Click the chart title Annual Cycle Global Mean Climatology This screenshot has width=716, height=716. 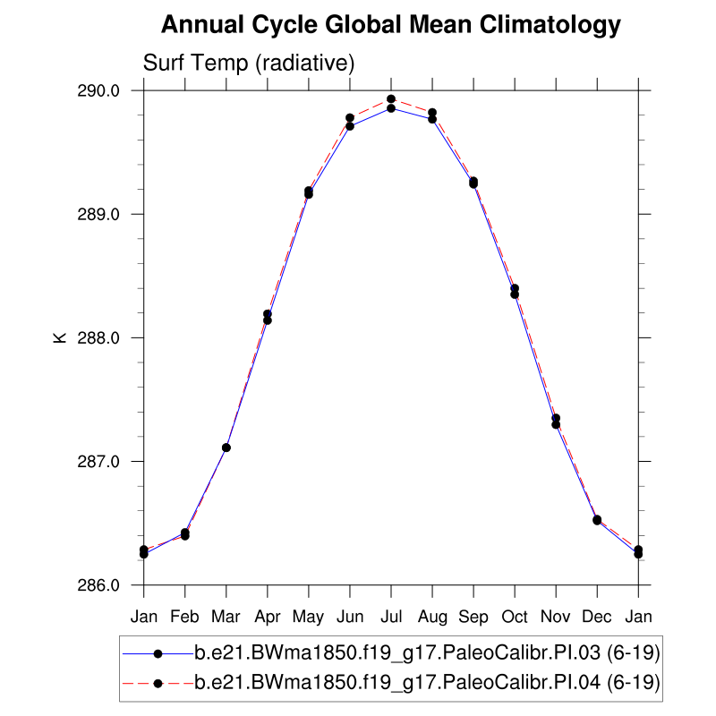(x=390, y=25)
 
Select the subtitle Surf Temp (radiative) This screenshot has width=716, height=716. (x=250, y=64)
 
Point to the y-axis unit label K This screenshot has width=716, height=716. (x=60, y=338)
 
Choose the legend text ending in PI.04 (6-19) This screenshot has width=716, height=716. (x=428, y=683)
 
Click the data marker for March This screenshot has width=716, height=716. (x=226, y=447)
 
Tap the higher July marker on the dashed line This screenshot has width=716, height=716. (x=391, y=98)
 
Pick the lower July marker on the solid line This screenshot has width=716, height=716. (x=391, y=108)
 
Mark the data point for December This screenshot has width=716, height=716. (x=597, y=520)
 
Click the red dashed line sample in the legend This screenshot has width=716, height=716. (x=158, y=683)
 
